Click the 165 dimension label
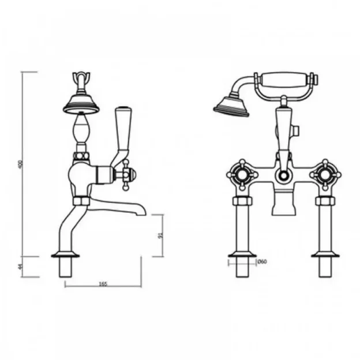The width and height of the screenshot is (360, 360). coord(103,284)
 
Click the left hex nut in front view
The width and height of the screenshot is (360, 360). coord(241,201)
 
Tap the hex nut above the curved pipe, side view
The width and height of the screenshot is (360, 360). coord(80,201)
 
